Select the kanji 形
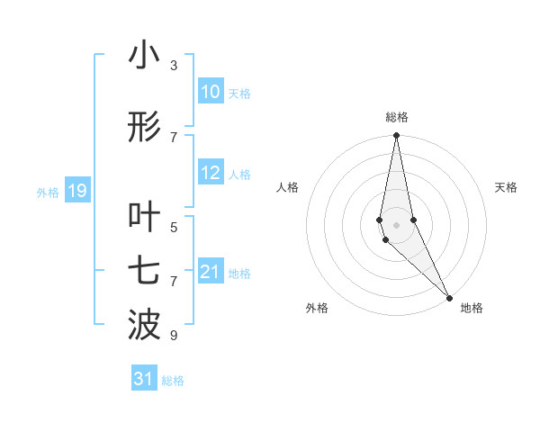145,128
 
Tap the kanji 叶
145,217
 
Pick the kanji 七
145,271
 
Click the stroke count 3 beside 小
174,66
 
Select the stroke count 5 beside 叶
174,227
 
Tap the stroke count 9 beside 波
174,336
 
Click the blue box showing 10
211,92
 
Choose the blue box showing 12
211,173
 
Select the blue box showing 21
211,272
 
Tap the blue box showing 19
76,191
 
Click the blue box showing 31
144,379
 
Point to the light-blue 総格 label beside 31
173,381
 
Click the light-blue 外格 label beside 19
48,192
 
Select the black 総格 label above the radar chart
397,117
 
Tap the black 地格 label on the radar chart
472,309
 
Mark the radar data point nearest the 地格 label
449,296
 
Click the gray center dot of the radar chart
397,224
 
